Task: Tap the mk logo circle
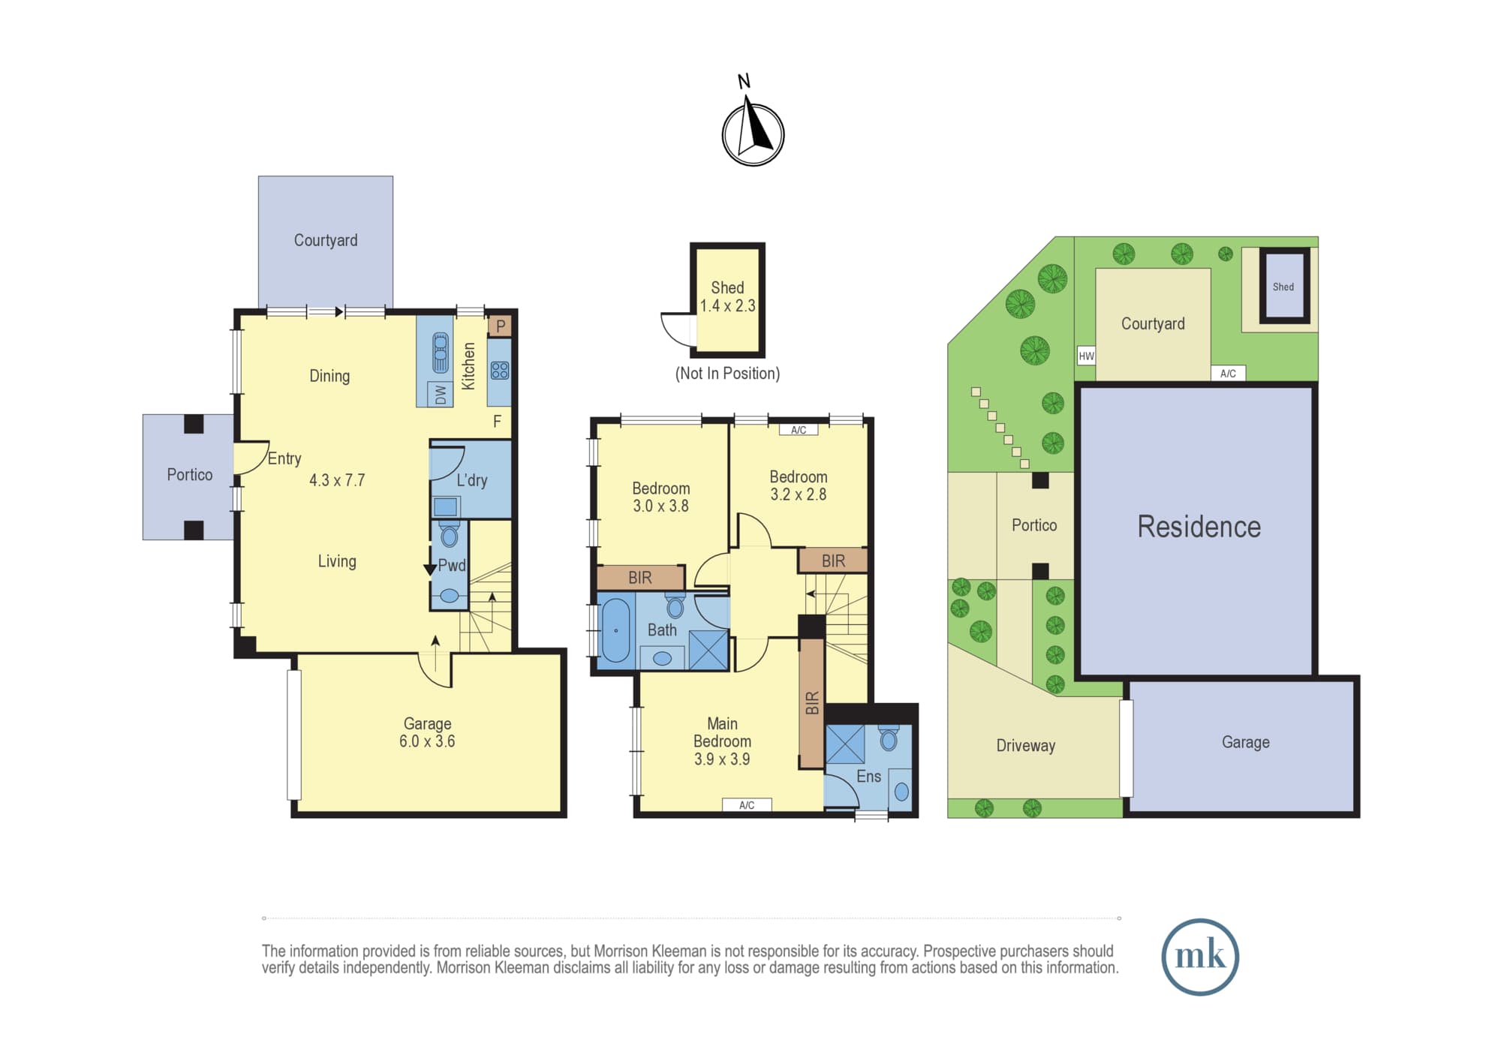click(1200, 957)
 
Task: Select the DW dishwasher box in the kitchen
click(441, 394)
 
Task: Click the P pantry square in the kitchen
click(501, 326)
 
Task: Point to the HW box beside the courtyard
click(1086, 356)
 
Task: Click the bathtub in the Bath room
click(616, 630)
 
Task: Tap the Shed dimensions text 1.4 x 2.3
click(727, 306)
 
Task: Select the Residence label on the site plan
click(1199, 527)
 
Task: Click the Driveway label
click(1025, 746)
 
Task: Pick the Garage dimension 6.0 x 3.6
click(427, 741)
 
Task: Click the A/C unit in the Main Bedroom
click(747, 805)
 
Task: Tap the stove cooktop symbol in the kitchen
click(500, 371)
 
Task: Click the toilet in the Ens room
click(889, 738)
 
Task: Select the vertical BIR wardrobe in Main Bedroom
click(811, 704)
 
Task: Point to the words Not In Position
click(727, 374)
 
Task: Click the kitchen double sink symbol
click(441, 353)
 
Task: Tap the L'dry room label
click(472, 480)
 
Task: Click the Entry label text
click(284, 458)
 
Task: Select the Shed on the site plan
click(1284, 286)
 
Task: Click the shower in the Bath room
click(708, 650)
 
